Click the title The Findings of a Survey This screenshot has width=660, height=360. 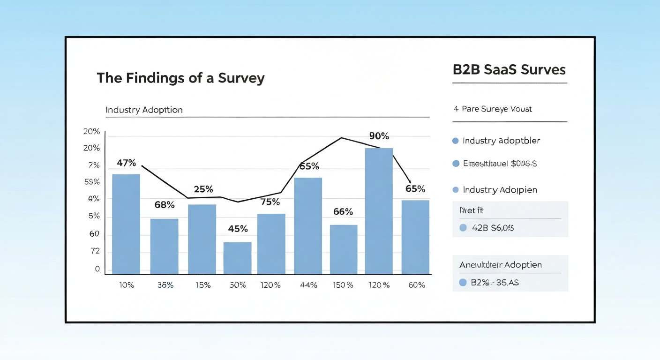click(180, 78)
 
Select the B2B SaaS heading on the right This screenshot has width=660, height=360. click(509, 70)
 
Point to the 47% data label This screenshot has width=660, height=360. click(126, 163)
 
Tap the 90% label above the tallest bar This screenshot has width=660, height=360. click(379, 136)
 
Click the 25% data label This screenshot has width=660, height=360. click(203, 189)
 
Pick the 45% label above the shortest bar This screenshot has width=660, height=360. click(238, 229)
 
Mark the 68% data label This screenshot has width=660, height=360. click(165, 205)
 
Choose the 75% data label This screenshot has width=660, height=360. click(270, 202)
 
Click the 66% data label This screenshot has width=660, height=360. click(343, 211)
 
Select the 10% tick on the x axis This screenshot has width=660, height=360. click(126, 285)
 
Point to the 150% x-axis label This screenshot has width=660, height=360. click(343, 285)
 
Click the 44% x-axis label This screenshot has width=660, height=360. click(308, 285)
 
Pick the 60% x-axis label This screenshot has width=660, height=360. click(416, 285)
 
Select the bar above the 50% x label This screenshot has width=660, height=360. click(237, 258)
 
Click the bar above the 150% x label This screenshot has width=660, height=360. click(344, 249)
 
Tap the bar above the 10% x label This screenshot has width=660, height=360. click(126, 224)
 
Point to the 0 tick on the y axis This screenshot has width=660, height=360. click(97, 269)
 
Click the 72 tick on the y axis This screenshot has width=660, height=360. click(95, 252)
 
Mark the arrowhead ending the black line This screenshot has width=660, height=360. click(410, 181)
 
